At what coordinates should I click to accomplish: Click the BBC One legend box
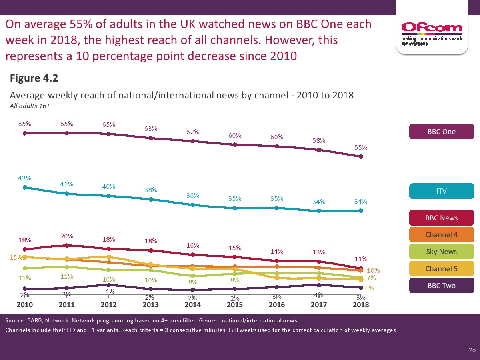pos(441,132)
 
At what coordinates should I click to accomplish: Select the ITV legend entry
pos(441,191)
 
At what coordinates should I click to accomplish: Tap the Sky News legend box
pos(441,252)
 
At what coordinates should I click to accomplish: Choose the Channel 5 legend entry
pos(441,268)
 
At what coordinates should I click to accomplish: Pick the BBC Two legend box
pos(441,286)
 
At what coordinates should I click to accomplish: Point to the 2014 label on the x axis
pos(193,305)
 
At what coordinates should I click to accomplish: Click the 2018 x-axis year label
pos(361,305)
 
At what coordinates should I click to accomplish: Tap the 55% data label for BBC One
pos(361,147)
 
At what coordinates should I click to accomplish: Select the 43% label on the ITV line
pos(24,178)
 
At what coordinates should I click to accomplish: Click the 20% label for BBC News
pos(67,236)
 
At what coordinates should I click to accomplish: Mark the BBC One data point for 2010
pos(24,133)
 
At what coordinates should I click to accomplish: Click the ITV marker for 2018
pos(361,210)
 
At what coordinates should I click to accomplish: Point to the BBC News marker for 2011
pos(67,245)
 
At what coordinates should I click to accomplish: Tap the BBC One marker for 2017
pos(319,150)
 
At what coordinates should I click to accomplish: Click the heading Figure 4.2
pos(34,78)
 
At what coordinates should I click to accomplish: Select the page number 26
pos(472,350)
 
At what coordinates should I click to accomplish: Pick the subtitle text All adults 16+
pos(30,106)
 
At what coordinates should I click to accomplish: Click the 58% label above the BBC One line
pos(319,140)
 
